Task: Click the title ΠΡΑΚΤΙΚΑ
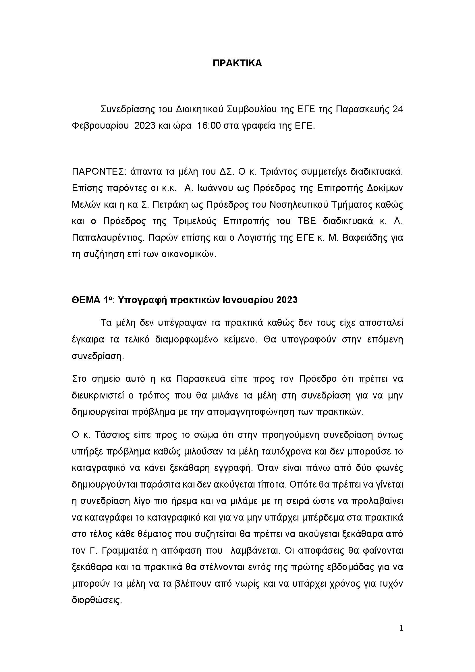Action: [x=237, y=63]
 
